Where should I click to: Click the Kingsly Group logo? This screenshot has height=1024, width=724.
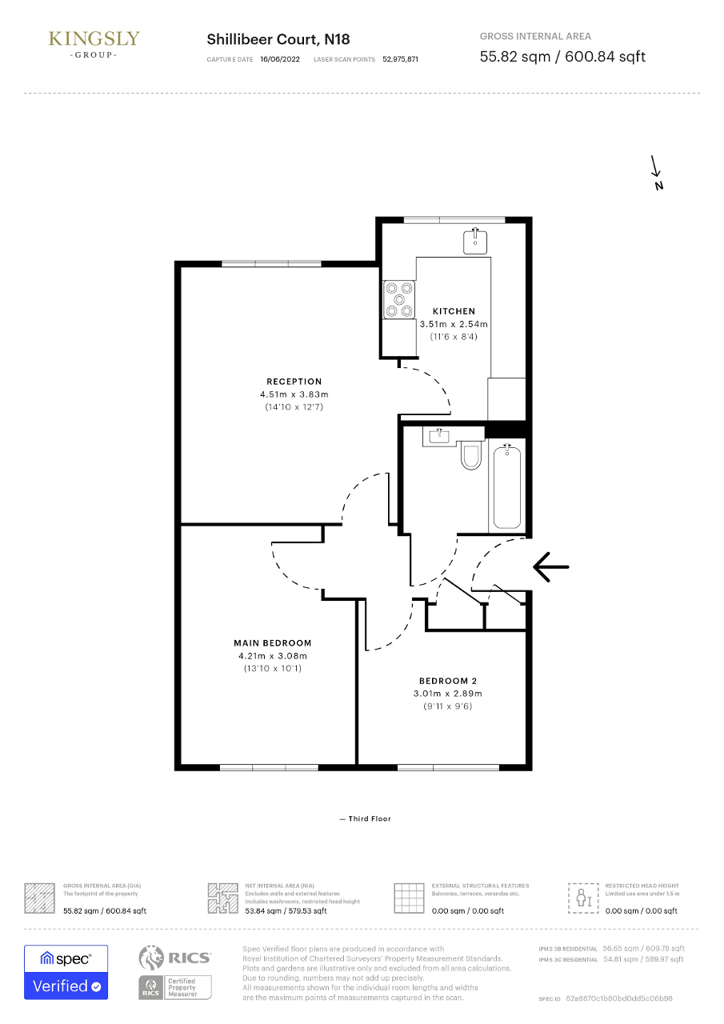94,44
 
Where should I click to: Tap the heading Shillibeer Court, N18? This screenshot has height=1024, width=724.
278,39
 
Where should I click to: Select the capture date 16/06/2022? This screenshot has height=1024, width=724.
280,59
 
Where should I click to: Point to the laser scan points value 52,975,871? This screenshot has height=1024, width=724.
400,59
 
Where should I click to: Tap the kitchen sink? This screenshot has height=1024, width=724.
475,241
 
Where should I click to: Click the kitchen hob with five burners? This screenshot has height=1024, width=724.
399,299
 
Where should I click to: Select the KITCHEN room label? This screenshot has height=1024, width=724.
454,311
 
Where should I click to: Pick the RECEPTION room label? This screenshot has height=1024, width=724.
294,382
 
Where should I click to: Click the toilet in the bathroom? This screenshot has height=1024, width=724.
471,454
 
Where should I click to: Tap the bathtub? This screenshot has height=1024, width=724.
507,486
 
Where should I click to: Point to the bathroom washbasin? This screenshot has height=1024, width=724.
439,437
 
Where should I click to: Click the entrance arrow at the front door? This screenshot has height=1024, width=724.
550,567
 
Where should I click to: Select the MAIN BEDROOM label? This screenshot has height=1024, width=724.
273,642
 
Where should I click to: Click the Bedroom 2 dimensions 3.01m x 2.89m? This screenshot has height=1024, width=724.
447,693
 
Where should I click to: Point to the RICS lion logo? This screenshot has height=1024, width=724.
151,958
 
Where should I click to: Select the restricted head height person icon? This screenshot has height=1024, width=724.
583,898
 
